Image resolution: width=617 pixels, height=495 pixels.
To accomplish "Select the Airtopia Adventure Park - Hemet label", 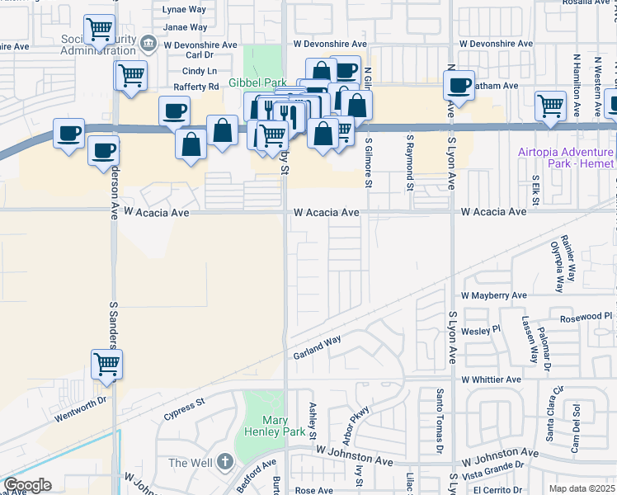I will coord(566,158).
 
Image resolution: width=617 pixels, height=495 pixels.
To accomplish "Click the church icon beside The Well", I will coord(225,463).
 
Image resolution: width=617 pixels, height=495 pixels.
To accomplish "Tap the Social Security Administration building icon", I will coord(148,41).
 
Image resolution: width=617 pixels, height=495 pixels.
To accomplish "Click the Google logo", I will coord(27,485).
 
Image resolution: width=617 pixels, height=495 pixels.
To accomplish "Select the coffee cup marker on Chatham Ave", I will coord(459,83).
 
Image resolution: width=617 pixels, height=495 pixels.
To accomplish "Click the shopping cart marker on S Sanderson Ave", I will coord(106,363).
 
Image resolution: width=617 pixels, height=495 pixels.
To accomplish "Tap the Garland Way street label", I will coord(317,348).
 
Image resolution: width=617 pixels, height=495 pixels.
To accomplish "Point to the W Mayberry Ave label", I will coord(493,295).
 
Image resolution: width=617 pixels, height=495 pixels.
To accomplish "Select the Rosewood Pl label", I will coord(585,316).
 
